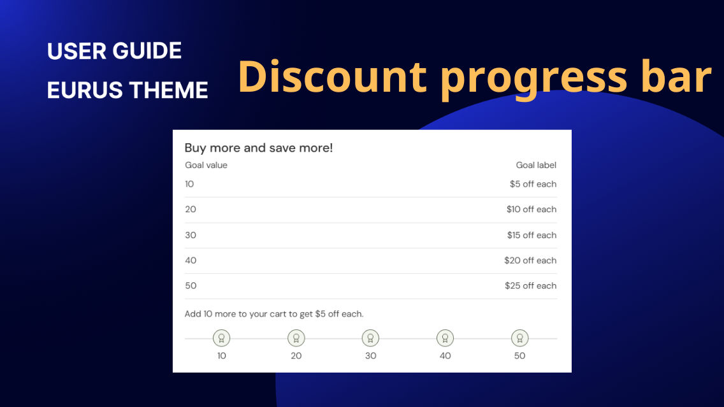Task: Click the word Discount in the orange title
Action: [x=332, y=77]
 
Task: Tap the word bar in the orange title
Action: [x=675, y=77]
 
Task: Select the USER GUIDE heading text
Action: [x=115, y=51]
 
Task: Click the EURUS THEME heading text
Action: [x=127, y=90]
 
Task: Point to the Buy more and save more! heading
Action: [x=259, y=148]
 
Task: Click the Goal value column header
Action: [x=206, y=165]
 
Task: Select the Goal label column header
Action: [x=536, y=165]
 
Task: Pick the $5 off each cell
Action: [x=533, y=184]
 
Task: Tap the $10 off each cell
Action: [x=532, y=210]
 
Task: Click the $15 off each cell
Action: [x=532, y=235]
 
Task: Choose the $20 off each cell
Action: [x=530, y=261]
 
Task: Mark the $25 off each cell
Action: [x=530, y=286]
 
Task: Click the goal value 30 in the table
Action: [x=191, y=235]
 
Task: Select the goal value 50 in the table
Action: [x=191, y=286]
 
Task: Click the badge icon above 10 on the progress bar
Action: [x=221, y=338]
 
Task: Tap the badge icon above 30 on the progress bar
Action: [x=370, y=338]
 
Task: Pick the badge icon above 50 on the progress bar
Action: [x=519, y=338]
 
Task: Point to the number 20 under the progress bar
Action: [x=296, y=355]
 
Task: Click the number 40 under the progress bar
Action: [x=445, y=355]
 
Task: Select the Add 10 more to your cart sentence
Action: [x=274, y=314]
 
